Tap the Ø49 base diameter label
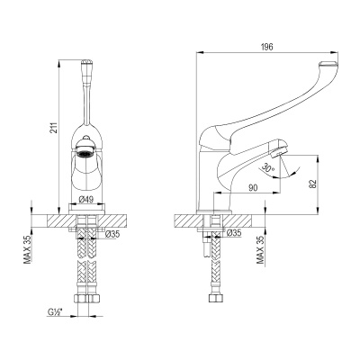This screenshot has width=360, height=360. point(87,200)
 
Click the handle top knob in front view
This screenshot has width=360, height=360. point(88,65)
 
